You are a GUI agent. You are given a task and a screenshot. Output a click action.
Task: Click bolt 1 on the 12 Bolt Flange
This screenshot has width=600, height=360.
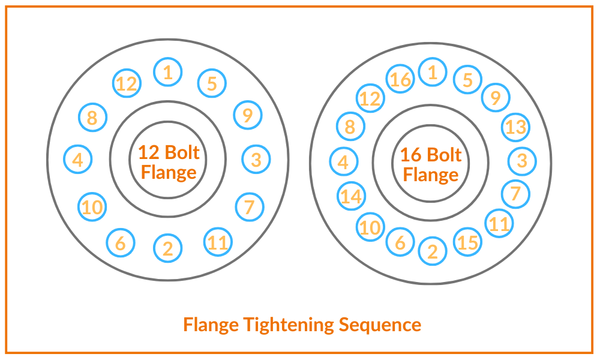(168, 73)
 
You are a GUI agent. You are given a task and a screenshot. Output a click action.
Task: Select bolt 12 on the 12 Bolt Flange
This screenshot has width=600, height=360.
(127, 83)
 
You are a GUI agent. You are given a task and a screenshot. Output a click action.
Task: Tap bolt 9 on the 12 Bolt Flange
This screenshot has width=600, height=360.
(248, 114)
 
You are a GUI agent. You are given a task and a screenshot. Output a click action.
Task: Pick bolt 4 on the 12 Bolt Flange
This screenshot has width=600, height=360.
(78, 160)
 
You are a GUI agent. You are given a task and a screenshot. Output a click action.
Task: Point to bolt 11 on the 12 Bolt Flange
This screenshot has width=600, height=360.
(218, 242)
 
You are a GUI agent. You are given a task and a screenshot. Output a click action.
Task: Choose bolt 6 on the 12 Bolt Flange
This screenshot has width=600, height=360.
(121, 243)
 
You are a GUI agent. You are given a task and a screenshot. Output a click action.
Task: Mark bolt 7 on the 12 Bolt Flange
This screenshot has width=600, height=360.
(250, 207)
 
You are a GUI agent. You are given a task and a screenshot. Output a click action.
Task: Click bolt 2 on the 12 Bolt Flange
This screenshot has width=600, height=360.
(168, 248)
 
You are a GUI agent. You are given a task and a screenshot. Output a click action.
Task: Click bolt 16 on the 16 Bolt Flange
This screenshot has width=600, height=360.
(401, 79)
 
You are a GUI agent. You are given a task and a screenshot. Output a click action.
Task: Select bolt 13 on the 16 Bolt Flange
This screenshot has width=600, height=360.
(515, 127)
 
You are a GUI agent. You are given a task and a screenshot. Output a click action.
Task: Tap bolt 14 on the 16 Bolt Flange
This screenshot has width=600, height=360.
(352, 196)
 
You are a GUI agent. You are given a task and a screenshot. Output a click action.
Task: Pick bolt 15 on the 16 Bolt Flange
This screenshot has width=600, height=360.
(467, 242)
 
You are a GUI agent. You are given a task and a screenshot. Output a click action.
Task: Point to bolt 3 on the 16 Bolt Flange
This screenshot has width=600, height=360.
(522, 161)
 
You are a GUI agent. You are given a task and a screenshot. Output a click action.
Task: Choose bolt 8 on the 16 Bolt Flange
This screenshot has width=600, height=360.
(350, 127)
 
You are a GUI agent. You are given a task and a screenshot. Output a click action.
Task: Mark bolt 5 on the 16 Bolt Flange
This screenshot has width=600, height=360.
(468, 80)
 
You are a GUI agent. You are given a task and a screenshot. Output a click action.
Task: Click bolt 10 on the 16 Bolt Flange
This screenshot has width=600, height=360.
(371, 227)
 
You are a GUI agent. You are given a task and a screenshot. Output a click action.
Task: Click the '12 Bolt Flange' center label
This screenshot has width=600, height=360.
(169, 162)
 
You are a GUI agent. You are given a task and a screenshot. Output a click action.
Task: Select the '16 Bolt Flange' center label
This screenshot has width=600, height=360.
(431, 164)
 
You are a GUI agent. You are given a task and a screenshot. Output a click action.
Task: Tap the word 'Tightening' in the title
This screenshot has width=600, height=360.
(289, 325)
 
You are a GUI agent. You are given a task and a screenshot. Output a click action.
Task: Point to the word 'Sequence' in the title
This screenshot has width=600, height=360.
(380, 325)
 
